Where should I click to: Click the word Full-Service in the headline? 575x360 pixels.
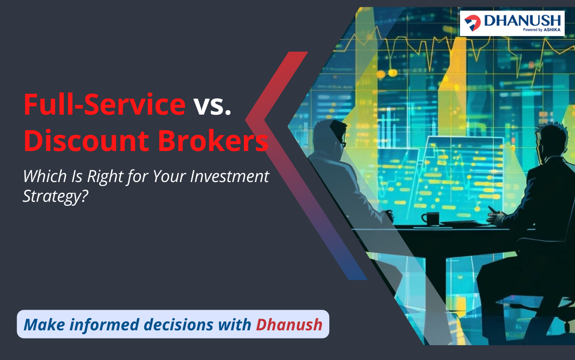[x=105, y=105]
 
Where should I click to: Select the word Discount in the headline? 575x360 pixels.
[x=87, y=141]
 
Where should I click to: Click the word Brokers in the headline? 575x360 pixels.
[x=213, y=141]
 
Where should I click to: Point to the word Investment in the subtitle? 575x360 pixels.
[x=230, y=177]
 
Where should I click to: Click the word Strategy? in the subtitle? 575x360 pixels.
[x=55, y=197]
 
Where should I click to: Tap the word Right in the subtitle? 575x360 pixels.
[x=105, y=177]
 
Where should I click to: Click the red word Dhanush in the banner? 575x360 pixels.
[x=289, y=324]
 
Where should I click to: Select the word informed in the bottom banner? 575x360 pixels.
[x=105, y=324]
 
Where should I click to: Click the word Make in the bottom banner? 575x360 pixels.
[x=44, y=324]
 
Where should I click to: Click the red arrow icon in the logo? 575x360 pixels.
[x=473, y=23]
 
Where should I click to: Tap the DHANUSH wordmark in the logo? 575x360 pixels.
[x=522, y=20]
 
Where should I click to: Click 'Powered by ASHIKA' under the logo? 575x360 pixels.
[x=542, y=30]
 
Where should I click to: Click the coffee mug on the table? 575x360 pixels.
[x=431, y=219]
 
